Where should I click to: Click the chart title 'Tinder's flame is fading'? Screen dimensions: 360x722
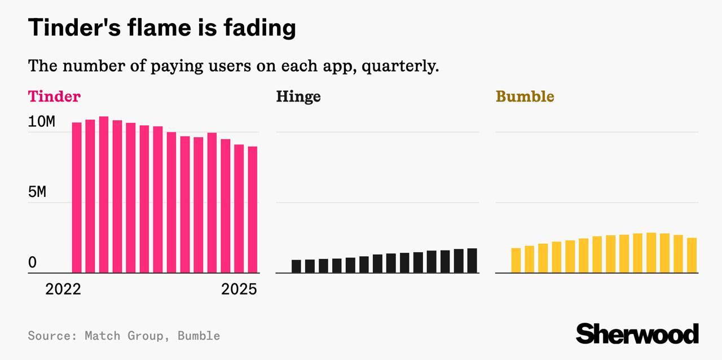click(162, 28)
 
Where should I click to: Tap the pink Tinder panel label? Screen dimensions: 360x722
click(54, 96)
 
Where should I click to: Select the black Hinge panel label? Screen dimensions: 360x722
click(298, 96)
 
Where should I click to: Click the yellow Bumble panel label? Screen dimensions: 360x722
click(525, 96)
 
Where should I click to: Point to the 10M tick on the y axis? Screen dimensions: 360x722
click(42, 122)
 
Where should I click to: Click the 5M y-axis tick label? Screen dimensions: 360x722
click(37, 192)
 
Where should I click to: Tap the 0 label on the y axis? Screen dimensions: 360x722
click(32, 263)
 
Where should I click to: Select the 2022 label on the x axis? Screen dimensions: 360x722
click(63, 290)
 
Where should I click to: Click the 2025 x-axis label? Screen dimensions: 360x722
click(239, 290)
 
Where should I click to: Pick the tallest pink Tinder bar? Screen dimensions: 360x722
click(104, 195)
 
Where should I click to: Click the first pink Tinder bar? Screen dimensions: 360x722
click(77, 197)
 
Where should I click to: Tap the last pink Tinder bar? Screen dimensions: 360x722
click(253, 210)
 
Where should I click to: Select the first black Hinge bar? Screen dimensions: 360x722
click(296, 266)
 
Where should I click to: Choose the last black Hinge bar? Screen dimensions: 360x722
click(472, 261)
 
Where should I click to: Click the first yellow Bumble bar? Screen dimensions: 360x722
click(516, 260)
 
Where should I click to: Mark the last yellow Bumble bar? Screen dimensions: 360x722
click(692, 255)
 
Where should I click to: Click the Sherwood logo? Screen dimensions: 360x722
click(637, 333)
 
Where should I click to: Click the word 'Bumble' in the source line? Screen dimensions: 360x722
click(199, 336)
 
